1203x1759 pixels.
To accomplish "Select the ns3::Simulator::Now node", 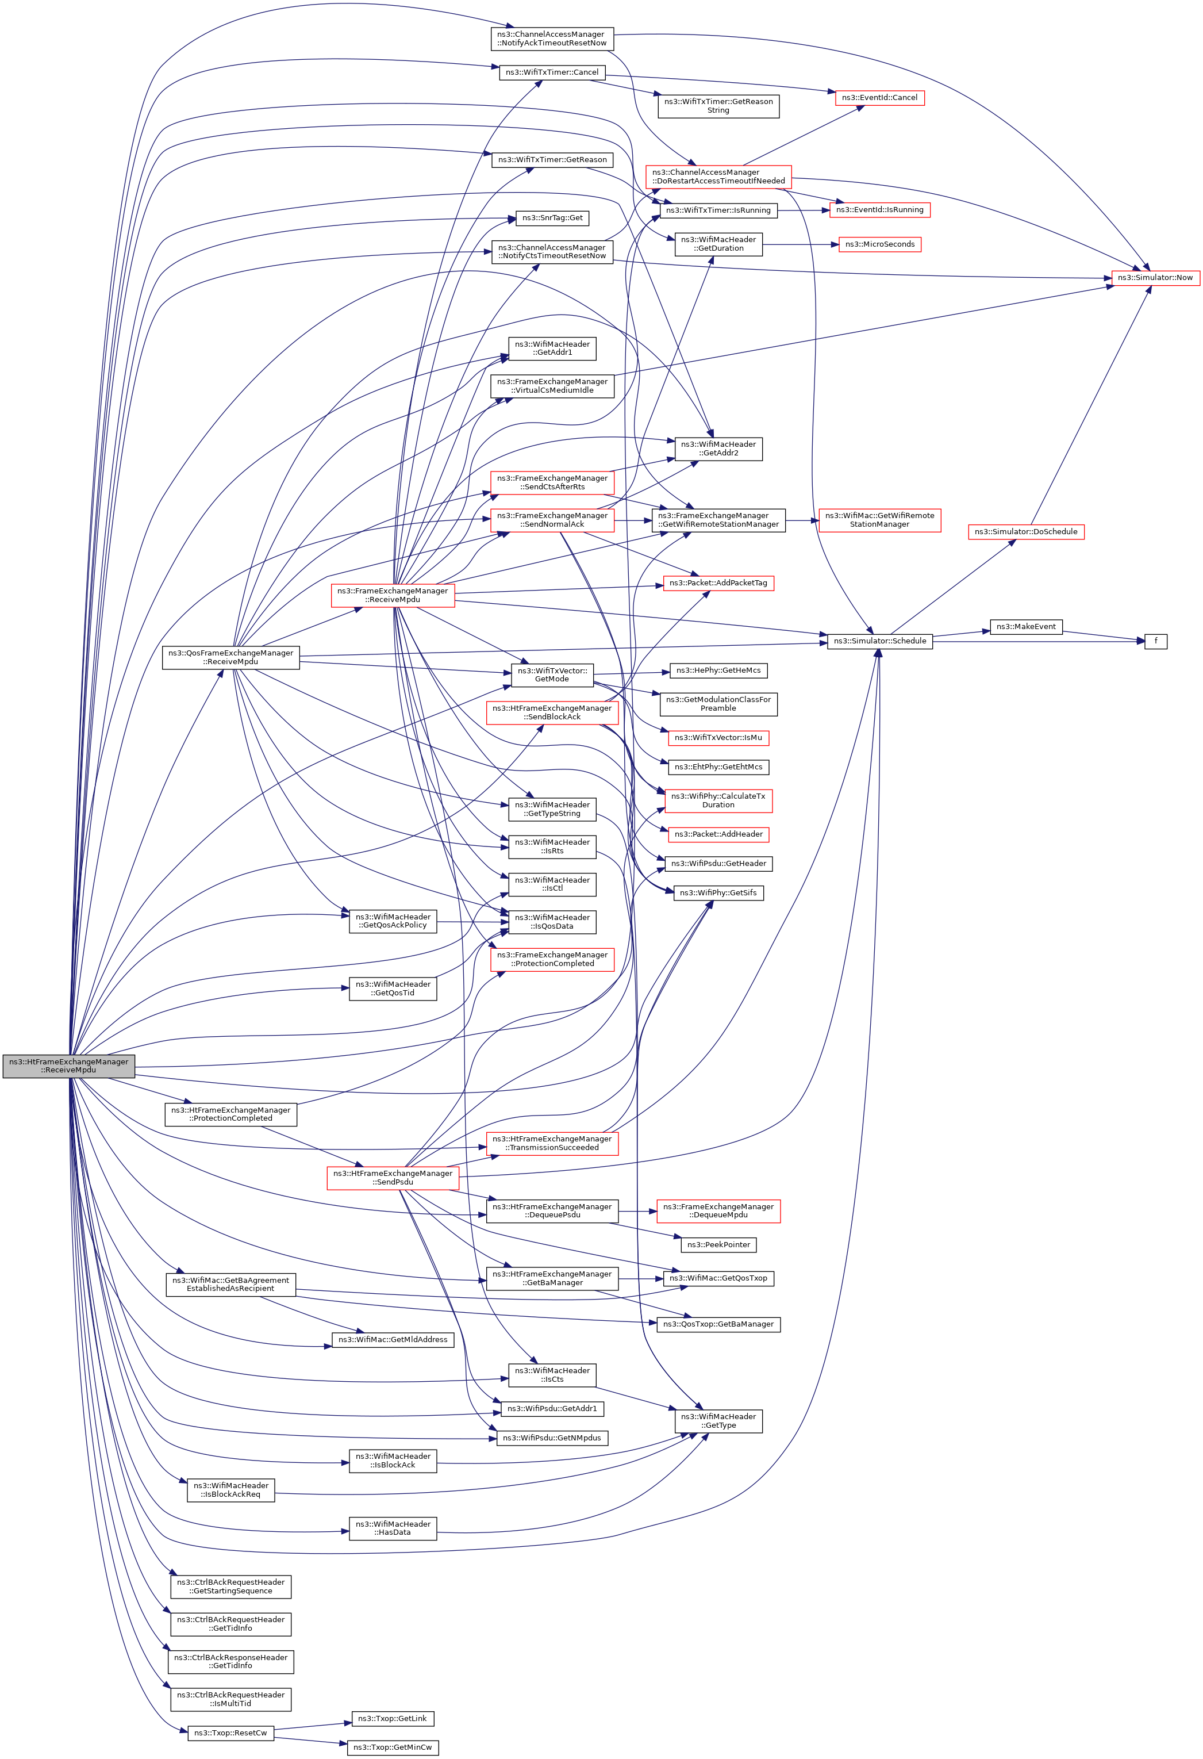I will (1155, 278).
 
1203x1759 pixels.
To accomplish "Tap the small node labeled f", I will (1155, 641).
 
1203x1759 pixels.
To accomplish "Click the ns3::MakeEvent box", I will (1026, 627).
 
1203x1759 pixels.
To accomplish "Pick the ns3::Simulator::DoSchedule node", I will (1026, 531).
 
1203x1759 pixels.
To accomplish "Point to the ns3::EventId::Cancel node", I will (879, 98).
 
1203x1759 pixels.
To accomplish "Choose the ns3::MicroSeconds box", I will (880, 244).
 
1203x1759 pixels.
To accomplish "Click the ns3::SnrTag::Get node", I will (552, 218).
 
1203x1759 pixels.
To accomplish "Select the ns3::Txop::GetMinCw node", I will (393, 1747).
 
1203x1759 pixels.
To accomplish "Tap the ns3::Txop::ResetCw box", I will (230, 1733).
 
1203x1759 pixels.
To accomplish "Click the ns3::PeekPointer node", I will (718, 1244).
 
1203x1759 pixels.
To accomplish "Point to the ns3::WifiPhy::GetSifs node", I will (718, 893).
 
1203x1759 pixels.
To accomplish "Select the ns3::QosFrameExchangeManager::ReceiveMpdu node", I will (230, 657).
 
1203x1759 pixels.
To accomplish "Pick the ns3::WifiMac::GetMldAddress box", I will (393, 1340).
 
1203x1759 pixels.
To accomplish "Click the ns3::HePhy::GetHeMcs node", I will (718, 670).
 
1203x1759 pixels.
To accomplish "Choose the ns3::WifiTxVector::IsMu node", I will (718, 737).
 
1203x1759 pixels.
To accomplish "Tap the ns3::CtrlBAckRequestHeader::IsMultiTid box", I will (230, 1699).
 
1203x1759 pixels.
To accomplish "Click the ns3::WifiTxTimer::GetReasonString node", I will (718, 106).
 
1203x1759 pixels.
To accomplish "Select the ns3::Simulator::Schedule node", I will (879, 641).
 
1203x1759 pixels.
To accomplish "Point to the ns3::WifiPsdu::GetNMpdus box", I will (552, 1438).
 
